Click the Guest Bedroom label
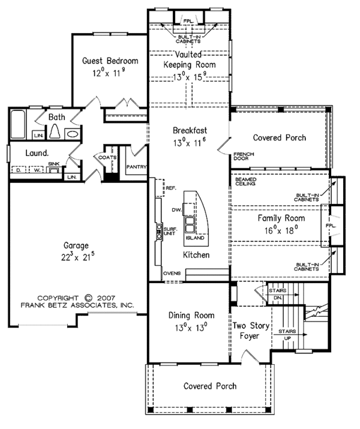[110, 61]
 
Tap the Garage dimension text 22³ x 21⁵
[78, 257]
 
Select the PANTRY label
[137, 167]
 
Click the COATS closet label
[107, 157]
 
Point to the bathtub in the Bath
[18, 124]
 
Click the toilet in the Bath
[55, 131]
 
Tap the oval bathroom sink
[73, 134]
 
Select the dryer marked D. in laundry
[19, 170]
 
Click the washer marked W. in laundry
[36, 170]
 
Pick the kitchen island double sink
[190, 224]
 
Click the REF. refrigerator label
[171, 188]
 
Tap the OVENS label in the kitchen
[172, 273]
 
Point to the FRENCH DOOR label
[244, 156]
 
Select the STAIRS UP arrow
[290, 335]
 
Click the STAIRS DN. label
[278, 293]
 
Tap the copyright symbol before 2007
[88, 298]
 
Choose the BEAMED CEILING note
[246, 181]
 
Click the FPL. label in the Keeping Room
[189, 21]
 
